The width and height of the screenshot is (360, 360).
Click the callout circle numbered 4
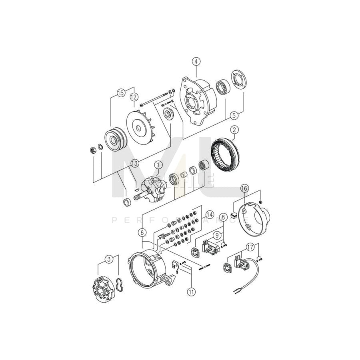(x=196, y=61)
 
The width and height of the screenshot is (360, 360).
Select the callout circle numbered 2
(x=235, y=130)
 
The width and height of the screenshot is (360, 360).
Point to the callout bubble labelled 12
(x=134, y=96)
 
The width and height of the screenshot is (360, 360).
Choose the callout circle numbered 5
(x=235, y=115)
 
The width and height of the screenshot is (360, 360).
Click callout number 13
(x=134, y=162)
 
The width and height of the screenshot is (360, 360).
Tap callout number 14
(x=210, y=215)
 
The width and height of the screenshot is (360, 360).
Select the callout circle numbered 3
(x=108, y=260)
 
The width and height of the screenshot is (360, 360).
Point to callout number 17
(x=250, y=248)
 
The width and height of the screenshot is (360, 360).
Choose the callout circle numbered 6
(x=142, y=231)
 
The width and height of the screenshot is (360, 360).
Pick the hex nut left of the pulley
(x=91, y=150)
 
